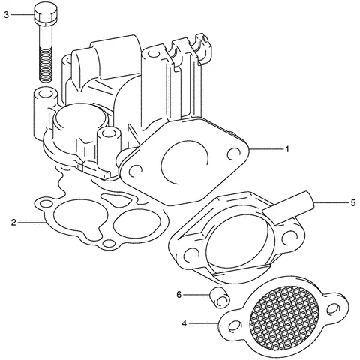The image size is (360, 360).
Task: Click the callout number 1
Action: (x=287, y=148)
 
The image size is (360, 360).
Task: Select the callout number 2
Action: (x=13, y=222)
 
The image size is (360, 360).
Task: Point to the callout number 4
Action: (x=184, y=323)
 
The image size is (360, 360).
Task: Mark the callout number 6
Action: (x=179, y=295)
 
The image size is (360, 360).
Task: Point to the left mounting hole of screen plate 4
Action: (x=233, y=325)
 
